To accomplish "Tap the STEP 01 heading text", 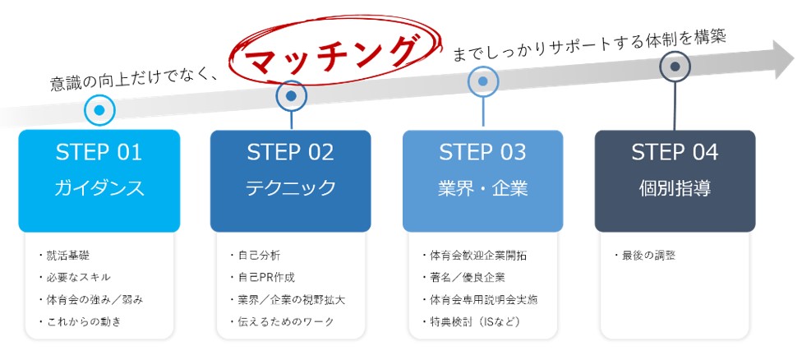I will pos(99,152).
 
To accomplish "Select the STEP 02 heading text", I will pos(290,152).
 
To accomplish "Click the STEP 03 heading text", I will pos(482,152).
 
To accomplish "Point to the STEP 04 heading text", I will pos(675,152).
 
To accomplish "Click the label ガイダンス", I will pos(99,188).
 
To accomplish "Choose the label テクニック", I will pos(290,188).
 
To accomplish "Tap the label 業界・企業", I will pos(482,188).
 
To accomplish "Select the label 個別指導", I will pos(675,188).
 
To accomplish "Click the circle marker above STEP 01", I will pos(99,108).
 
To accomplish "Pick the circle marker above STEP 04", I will pos(675,67).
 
